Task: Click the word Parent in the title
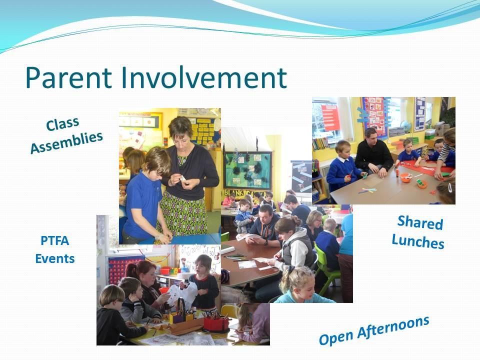pyautogui.click(x=68, y=77)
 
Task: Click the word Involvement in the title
pyautogui.click(x=203, y=77)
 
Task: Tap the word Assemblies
pyautogui.click(x=66, y=142)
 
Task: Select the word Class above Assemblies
pyautogui.click(x=62, y=124)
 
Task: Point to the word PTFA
pyautogui.click(x=55, y=240)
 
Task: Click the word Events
pyautogui.click(x=55, y=258)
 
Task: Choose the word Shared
pyautogui.click(x=420, y=222)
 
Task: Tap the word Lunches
pyautogui.click(x=418, y=241)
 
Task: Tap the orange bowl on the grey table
pyautogui.click(x=405, y=177)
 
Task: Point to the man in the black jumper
pyautogui.click(x=373, y=153)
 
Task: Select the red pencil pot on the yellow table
pyautogui.click(x=216, y=324)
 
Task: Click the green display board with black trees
pyautogui.click(x=247, y=170)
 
